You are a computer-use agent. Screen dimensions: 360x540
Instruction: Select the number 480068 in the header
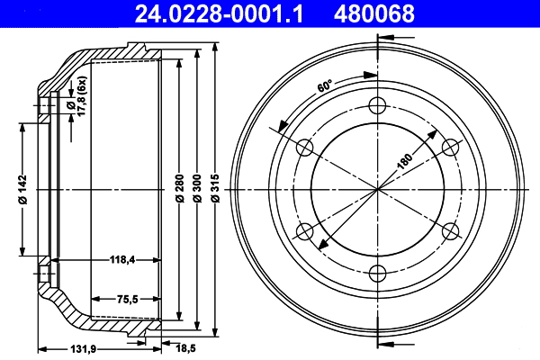[374, 13]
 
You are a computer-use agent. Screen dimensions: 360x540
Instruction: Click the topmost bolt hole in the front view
[378, 103]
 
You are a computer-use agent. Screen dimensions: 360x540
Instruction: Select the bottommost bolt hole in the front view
[378, 274]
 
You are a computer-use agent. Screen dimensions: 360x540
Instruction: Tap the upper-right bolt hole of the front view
[452, 146]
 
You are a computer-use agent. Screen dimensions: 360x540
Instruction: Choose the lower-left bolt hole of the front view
[304, 231]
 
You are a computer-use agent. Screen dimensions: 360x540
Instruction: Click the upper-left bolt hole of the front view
[304, 146]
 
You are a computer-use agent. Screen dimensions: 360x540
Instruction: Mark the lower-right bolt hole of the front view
[452, 231]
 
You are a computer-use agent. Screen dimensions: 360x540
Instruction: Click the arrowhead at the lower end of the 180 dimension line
[319, 246]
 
